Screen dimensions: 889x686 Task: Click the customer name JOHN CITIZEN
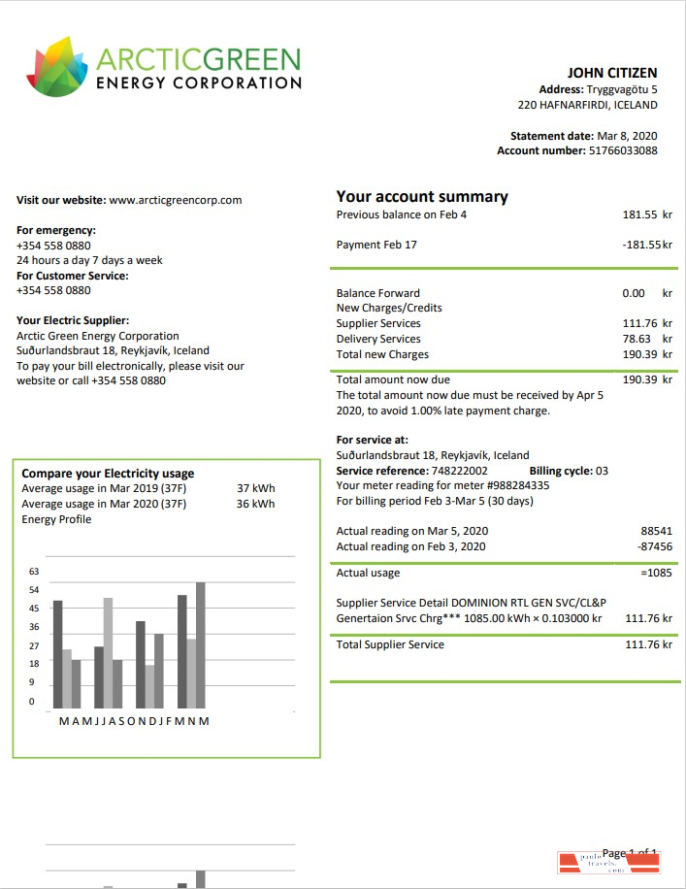pyautogui.click(x=612, y=73)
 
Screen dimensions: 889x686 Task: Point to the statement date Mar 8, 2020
pyautogui.click(x=627, y=136)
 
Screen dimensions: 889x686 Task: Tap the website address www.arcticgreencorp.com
pyautogui.click(x=175, y=200)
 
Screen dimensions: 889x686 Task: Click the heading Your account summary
pyautogui.click(x=422, y=196)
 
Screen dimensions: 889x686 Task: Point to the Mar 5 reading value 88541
pyautogui.click(x=656, y=531)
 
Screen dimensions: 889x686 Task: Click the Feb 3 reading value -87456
pyautogui.click(x=654, y=546)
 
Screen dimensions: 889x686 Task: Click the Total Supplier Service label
pyautogui.click(x=390, y=644)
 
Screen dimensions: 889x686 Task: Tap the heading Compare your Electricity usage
pyautogui.click(x=108, y=474)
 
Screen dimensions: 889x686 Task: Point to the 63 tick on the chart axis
pyautogui.click(x=34, y=572)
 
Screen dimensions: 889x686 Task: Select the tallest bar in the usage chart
pyautogui.click(x=201, y=644)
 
